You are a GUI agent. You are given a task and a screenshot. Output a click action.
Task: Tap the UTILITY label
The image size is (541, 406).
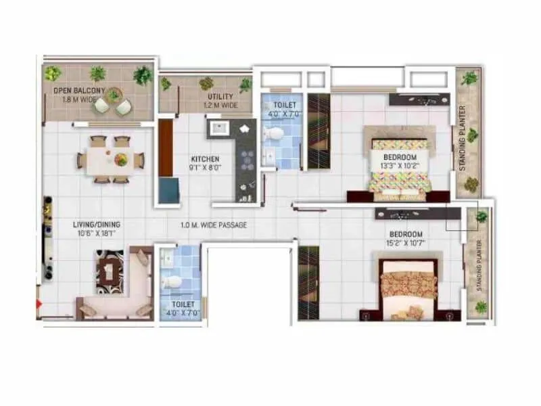[x=220, y=97]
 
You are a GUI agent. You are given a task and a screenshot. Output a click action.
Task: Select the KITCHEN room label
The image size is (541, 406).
[x=206, y=160]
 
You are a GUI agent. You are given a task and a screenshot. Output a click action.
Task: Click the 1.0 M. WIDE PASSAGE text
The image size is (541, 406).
[x=214, y=225]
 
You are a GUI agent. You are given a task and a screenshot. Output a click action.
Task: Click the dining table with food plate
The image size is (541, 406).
[x=110, y=160]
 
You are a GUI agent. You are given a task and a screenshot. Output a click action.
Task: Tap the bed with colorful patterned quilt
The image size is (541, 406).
[x=399, y=168]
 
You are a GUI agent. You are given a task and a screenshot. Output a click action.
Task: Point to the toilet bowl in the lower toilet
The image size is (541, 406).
[x=173, y=281]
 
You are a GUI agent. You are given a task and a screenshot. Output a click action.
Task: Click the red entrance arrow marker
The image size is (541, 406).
[x=39, y=304]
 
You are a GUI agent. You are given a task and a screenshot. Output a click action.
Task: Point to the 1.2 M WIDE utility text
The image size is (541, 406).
[x=220, y=106]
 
